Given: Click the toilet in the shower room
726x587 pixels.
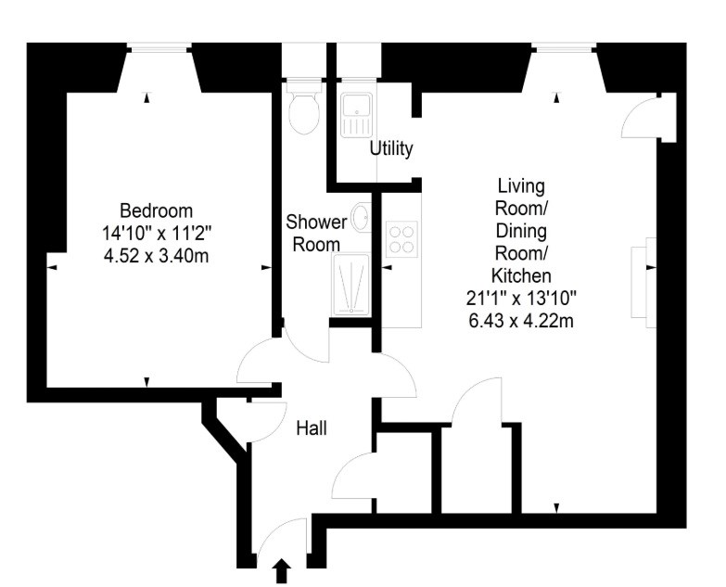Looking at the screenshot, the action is (304, 107).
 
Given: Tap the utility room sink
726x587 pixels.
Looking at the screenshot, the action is (356, 115).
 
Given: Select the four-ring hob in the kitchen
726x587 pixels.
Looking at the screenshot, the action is (401, 238).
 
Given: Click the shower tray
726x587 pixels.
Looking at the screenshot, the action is (351, 284).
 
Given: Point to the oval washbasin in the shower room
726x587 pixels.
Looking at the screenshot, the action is (362, 217).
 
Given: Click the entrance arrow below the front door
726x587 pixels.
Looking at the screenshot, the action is (282, 571).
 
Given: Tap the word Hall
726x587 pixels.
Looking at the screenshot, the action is (312, 428).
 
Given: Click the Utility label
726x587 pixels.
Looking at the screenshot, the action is (391, 149).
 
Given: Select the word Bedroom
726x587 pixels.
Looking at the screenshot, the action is (157, 211).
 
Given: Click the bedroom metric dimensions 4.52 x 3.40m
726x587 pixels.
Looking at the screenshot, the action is (157, 256).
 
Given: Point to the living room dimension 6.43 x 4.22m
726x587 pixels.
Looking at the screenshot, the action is (521, 321).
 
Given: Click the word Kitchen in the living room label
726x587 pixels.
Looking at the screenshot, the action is (521, 276).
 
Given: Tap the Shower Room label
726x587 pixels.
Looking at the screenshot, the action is (316, 233).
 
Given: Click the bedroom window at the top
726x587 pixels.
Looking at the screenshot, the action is (159, 46).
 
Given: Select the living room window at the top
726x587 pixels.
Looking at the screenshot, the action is (565, 46).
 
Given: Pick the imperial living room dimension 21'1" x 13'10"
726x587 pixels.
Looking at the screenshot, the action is (521, 299).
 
